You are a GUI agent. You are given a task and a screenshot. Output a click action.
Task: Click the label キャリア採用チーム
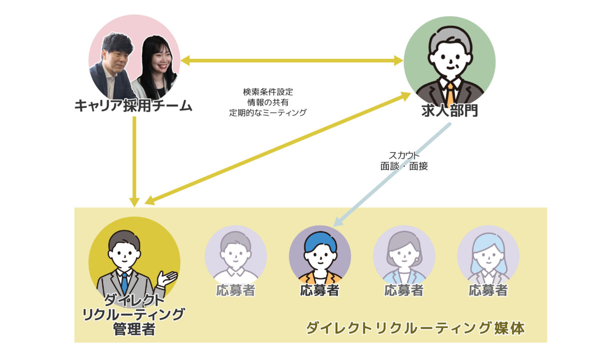133,106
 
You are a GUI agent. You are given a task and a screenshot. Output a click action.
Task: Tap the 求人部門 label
449,110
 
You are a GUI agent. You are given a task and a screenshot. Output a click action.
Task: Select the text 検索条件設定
267,92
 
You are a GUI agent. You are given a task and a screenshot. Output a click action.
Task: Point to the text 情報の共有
267,102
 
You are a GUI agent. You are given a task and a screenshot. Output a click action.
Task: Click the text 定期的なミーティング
267,113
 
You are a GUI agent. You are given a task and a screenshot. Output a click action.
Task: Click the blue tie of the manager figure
124,282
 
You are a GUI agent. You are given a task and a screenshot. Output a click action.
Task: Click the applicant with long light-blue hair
488,255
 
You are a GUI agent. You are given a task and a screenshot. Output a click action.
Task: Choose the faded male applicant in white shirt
235,255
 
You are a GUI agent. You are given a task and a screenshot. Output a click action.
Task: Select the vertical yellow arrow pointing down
134,160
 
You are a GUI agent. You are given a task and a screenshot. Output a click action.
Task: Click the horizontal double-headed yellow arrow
292,61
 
